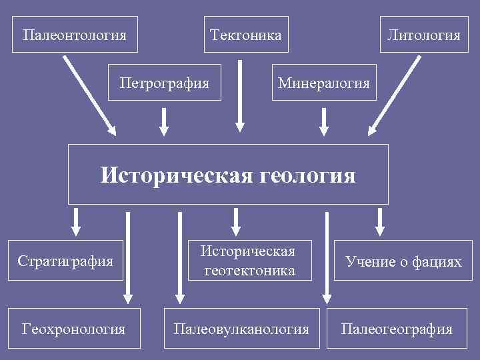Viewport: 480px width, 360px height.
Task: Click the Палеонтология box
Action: (x=75, y=34)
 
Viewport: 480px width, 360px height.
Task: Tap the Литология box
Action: (x=424, y=34)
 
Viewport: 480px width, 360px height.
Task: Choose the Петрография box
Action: (x=164, y=83)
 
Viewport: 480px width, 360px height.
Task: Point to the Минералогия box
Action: (x=323, y=83)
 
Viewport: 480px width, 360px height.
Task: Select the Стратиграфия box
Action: (x=66, y=260)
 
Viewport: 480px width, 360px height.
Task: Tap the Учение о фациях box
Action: (x=403, y=261)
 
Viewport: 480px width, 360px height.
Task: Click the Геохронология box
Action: (x=73, y=329)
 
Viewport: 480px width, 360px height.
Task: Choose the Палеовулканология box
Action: (x=241, y=329)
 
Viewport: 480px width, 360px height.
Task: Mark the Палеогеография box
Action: (x=397, y=329)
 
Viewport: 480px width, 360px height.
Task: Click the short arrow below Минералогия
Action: (x=324, y=121)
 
